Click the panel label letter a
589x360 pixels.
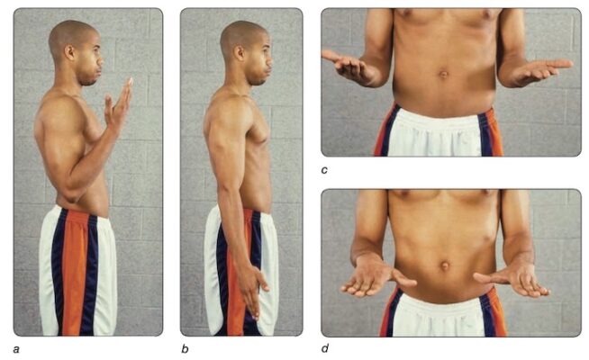[16, 349]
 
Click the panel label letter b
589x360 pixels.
[185, 349]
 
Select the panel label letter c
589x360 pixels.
[324, 170]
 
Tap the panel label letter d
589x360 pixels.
[325, 348]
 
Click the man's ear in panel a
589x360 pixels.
[69, 52]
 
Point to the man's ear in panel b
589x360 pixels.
[240, 53]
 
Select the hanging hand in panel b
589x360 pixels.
[251, 289]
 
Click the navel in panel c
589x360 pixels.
[444, 74]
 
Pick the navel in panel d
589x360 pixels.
[445, 265]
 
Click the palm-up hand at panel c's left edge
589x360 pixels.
[347, 67]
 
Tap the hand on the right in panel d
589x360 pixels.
[513, 280]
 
